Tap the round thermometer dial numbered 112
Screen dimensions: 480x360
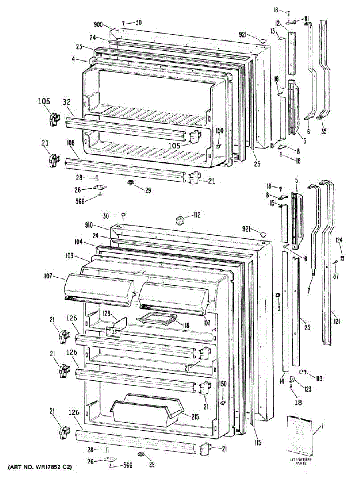[180, 220]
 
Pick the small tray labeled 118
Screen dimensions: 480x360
[156, 319]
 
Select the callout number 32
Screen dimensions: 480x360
[67, 102]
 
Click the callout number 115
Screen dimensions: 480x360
[257, 442]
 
